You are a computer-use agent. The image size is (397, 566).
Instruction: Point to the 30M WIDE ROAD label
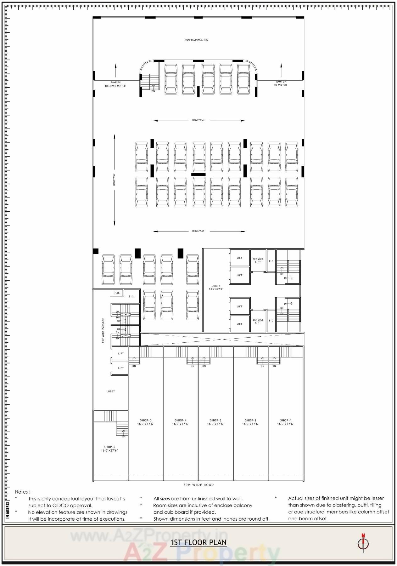point(198,485)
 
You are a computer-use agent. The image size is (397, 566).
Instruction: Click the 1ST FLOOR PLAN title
point(198,542)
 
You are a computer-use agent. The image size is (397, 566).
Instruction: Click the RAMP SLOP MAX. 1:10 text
point(196,40)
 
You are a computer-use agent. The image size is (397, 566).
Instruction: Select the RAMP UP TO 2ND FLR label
point(280,83)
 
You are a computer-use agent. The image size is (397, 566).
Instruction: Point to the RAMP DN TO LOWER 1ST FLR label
point(115,84)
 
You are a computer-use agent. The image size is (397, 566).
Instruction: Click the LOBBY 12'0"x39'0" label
point(216,287)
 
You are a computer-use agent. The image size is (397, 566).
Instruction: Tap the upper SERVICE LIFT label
point(258,260)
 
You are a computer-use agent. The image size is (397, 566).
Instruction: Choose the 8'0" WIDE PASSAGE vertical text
point(103,330)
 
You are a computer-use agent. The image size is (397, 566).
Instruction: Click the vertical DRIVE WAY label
point(114,180)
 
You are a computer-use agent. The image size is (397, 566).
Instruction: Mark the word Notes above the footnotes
point(22,492)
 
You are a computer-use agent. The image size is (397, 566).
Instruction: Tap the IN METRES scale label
point(8,510)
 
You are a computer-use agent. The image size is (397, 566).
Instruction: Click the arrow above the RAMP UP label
point(281,70)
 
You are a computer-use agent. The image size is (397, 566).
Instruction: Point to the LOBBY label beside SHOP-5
point(111,392)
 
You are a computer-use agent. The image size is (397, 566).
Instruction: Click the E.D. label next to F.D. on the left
point(131,296)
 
